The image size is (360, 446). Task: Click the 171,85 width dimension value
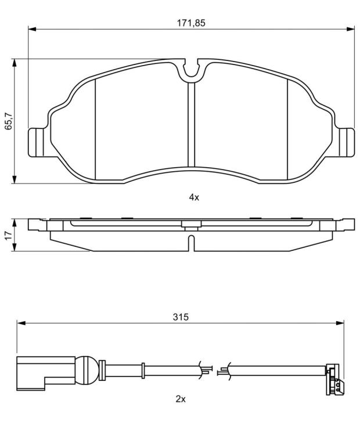(x=191, y=23)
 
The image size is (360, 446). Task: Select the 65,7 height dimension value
(x=9, y=121)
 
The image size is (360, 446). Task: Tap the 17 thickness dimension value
(x=9, y=235)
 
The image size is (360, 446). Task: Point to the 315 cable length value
(x=181, y=317)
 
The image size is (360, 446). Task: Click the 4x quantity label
(x=194, y=197)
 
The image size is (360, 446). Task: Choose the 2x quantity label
(x=181, y=399)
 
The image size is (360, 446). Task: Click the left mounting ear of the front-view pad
(x=37, y=142)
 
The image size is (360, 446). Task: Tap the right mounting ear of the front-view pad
(x=347, y=142)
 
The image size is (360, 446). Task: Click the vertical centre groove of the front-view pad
(x=192, y=124)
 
